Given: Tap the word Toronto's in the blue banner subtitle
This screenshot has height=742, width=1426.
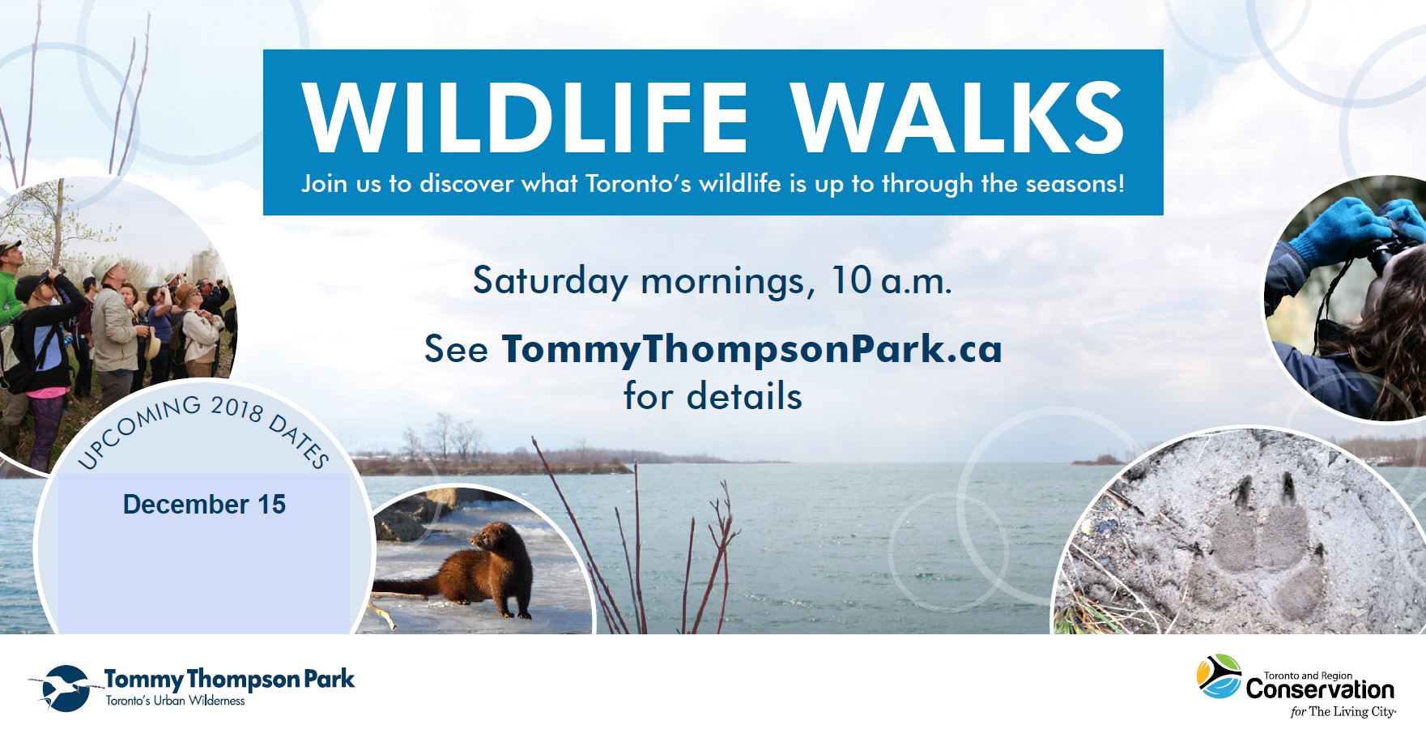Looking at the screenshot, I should coord(638,184).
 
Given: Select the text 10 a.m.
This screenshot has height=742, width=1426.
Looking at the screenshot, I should coord(891,281).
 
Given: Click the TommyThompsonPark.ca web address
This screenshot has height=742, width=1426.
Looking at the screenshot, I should coord(751,349).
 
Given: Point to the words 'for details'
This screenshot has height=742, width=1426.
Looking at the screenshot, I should coord(713,397).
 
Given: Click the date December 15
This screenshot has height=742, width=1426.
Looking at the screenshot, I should coord(204,505).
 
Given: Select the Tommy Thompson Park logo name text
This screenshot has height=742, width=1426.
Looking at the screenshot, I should coord(229,679).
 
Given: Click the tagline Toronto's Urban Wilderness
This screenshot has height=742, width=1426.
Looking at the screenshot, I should coord(175,701).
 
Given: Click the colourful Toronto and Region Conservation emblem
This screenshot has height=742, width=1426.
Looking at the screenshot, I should coord(1219,676).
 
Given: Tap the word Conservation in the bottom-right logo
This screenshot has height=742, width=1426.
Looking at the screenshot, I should coord(1320,690).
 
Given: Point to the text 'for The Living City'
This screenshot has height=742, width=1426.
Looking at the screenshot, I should coord(1343,712).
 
